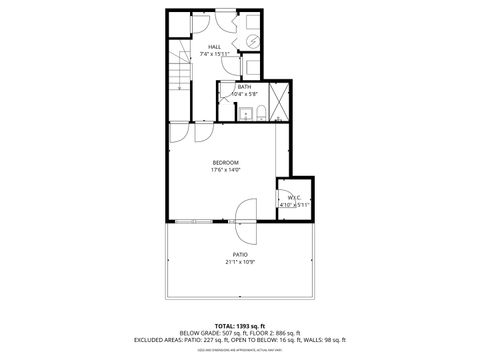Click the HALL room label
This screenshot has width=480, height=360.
click(214, 47)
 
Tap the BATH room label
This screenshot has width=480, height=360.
click(244, 87)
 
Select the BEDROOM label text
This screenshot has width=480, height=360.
click(225, 162)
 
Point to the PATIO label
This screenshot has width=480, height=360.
click(240, 255)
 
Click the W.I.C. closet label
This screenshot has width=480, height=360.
click(294, 197)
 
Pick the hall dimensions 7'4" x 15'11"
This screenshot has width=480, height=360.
click(214, 55)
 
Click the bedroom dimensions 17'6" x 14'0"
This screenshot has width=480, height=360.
click(225, 170)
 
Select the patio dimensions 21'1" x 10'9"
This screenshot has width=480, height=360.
click(240, 263)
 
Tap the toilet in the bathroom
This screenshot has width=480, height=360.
click(259, 111)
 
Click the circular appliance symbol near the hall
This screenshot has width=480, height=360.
click(253, 39)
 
